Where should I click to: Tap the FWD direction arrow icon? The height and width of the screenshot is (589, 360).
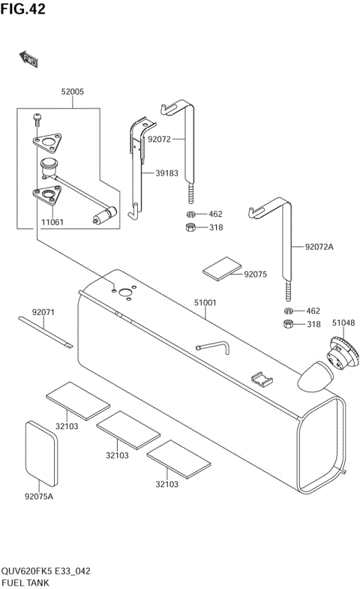point(28,60)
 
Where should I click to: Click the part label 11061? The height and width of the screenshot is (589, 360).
point(52,222)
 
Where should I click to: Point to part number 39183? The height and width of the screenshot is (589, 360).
point(166,173)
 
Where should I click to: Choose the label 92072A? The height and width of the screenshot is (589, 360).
point(319,246)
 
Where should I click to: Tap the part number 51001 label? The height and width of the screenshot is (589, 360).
point(205,303)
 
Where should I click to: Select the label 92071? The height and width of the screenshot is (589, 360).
point(43,311)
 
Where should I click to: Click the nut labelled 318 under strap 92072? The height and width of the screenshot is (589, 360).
point(191,227)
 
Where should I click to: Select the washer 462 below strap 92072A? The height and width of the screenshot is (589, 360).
point(288,311)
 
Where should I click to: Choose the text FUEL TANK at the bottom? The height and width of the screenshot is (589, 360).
point(26,582)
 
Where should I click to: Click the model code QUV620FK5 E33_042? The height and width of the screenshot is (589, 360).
point(46,571)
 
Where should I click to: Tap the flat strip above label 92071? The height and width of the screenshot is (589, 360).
point(47,332)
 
